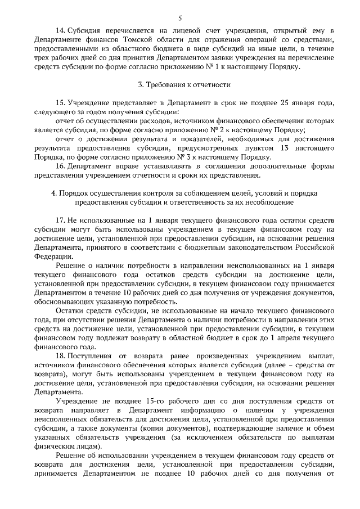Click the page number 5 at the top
click(x=179, y=18)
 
